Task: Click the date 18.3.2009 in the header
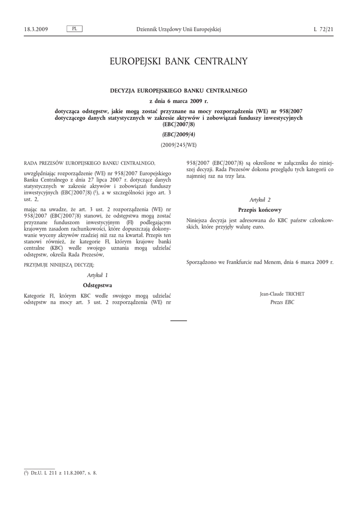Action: pos(36,29)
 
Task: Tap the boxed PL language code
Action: pos(74,29)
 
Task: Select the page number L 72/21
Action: pos(323,29)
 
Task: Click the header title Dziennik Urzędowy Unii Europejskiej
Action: pos(179,29)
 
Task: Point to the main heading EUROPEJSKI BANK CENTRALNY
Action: pos(179,62)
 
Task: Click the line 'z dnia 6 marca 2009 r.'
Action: pos(179,101)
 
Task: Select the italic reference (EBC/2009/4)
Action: pos(179,135)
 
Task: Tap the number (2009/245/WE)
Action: pos(179,145)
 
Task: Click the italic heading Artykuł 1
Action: pos(97,275)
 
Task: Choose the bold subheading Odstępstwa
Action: pos(97,285)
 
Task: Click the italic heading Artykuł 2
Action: pos(260,199)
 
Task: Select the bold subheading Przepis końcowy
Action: pos(260,210)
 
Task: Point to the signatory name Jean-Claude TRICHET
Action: pos(282,294)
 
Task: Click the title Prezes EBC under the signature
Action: pos(282,302)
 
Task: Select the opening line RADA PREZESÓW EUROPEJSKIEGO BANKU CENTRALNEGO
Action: pos(90,163)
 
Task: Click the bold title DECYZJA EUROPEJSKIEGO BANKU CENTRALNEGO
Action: pos(179,90)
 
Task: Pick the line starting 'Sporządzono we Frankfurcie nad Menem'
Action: pos(260,261)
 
